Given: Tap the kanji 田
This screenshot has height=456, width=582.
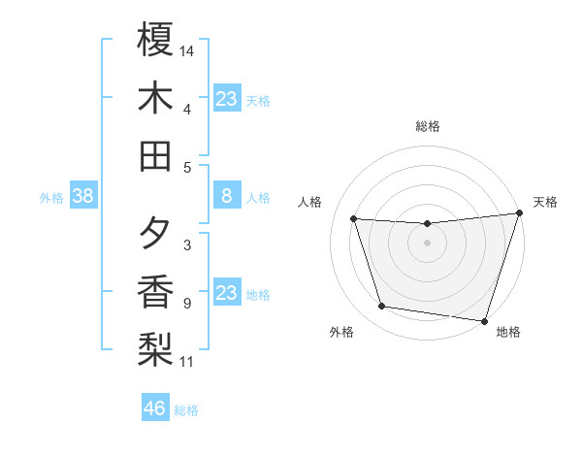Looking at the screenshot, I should coord(155,155).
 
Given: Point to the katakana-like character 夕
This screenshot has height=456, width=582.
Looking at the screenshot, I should coord(155,234).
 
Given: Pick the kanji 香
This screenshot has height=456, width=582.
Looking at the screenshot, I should coord(155,292).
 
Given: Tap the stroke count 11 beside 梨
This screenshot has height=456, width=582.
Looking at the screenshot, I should coord(187,362).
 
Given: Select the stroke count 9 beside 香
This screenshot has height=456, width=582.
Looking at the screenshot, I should coord(187,304).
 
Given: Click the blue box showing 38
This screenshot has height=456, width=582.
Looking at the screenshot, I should coord(82,197).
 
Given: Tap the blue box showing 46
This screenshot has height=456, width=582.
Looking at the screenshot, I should coord(155,408).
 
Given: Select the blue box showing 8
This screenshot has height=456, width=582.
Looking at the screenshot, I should coord(226,197).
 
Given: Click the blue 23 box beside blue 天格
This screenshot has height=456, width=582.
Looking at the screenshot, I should coord(226,99).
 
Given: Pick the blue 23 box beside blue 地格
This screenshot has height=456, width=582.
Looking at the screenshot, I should coord(226,293).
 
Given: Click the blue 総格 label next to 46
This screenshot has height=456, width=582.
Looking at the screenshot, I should coord(186,410).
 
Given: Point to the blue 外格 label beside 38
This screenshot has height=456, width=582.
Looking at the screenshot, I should coord(51,198).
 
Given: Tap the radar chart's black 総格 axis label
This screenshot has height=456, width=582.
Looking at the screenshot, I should coord(428,126).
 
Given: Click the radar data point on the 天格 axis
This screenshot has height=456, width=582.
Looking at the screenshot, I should coord(519,213).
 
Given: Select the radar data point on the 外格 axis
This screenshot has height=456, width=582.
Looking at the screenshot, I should coord(382,307).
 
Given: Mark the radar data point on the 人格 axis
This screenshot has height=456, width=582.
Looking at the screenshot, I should coord(354,219).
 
